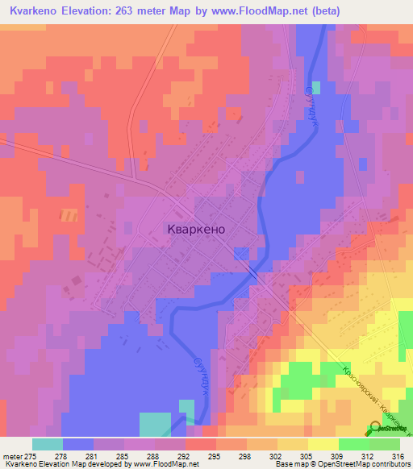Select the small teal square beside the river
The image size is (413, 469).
316,87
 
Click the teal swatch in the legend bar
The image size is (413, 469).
47,444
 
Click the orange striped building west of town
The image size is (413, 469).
69,215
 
